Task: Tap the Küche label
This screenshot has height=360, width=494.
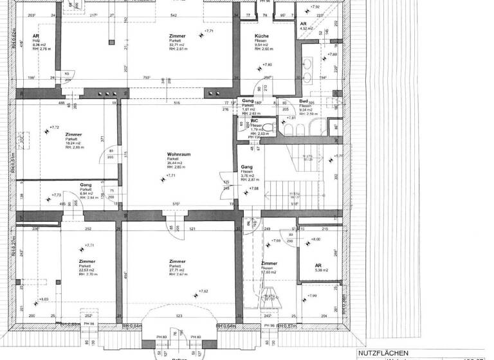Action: (261, 35)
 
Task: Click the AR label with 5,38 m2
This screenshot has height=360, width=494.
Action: (318, 265)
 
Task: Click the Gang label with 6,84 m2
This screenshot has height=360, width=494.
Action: (86, 185)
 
